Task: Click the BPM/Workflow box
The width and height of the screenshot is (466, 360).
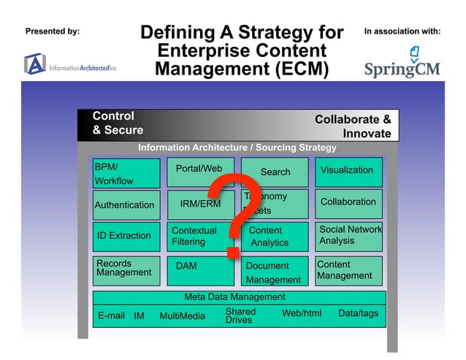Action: [x=126, y=174]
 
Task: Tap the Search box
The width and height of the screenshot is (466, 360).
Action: [x=275, y=172]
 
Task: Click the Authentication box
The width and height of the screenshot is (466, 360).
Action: [x=126, y=205]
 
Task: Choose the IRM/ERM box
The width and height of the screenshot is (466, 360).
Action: [x=199, y=204]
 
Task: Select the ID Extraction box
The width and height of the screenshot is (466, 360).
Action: [x=126, y=237]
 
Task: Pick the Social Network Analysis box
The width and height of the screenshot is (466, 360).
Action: [x=348, y=236]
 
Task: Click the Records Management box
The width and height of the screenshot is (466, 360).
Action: [x=126, y=269]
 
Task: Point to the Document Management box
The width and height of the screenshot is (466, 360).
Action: [x=274, y=271]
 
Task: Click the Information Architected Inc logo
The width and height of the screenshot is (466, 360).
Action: [x=70, y=66]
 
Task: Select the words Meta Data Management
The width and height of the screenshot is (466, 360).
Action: [x=234, y=296]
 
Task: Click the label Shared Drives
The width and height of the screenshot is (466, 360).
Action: [x=240, y=315]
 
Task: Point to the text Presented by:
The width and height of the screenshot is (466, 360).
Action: [x=53, y=31]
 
